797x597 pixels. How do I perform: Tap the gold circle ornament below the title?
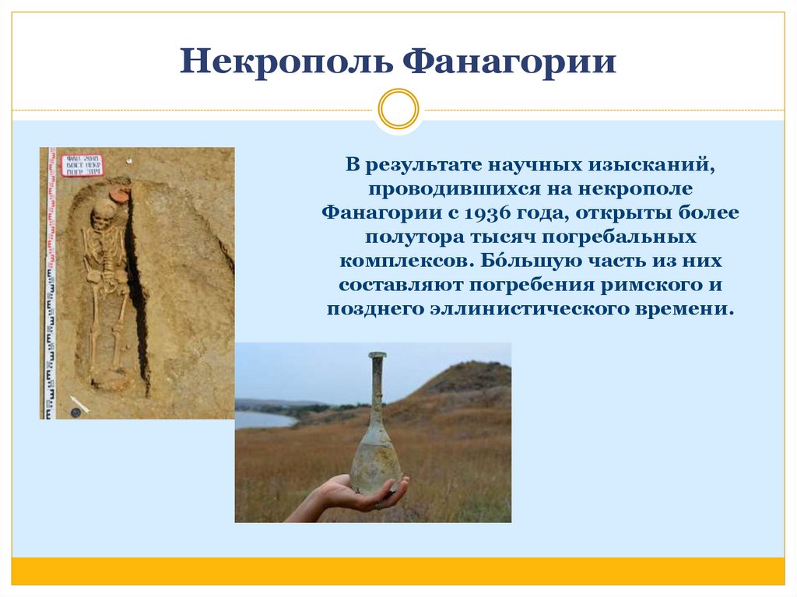[398, 109]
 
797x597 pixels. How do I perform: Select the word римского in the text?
[655, 284]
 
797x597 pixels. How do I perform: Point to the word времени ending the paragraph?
[690, 308]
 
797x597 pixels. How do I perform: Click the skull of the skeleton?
[102, 215]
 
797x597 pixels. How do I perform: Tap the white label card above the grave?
[82, 165]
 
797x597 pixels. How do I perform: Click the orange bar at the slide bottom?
[398, 571]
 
